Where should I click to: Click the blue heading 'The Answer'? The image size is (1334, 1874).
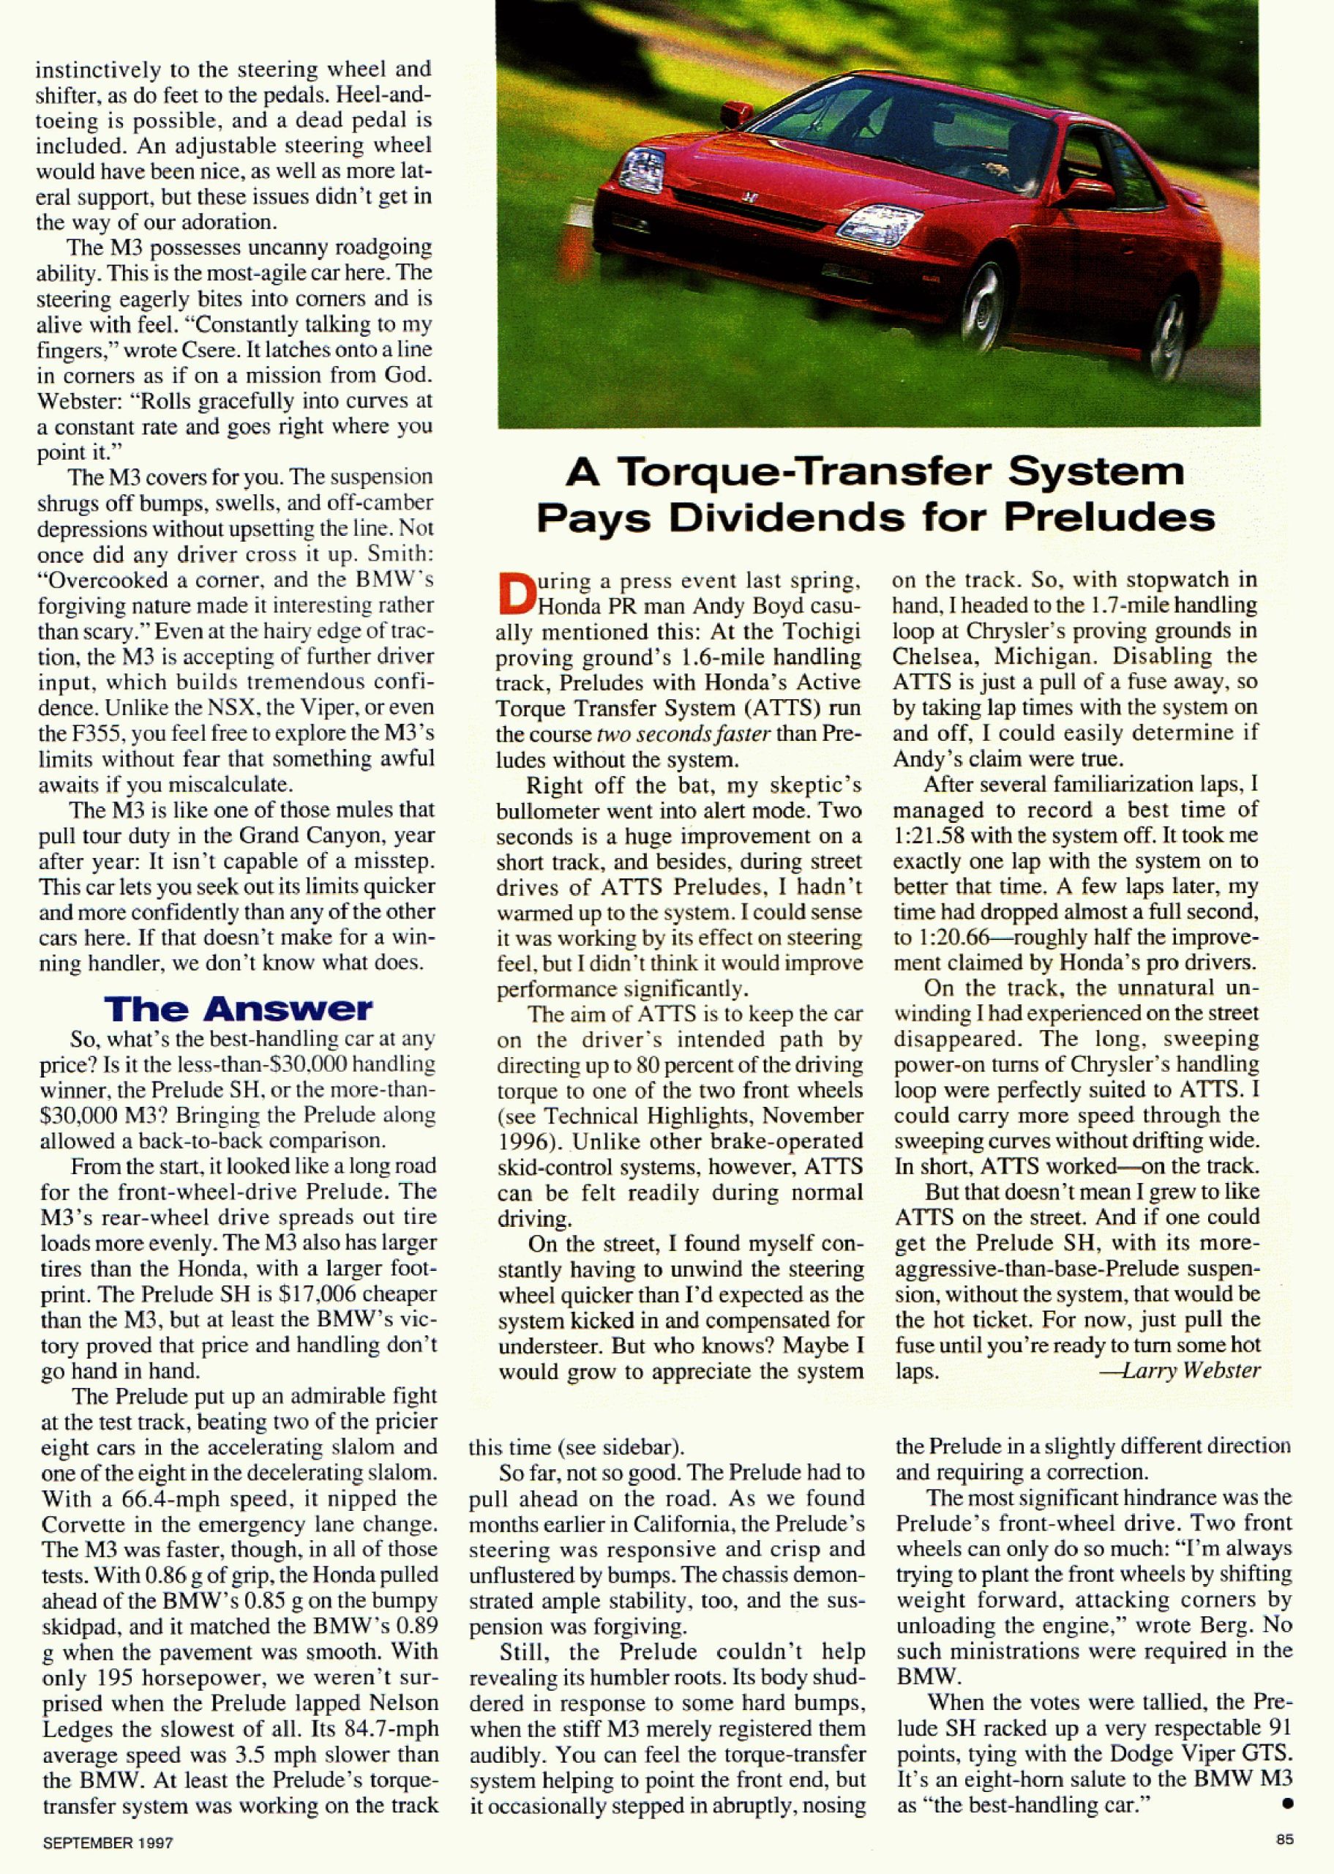click(239, 1009)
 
